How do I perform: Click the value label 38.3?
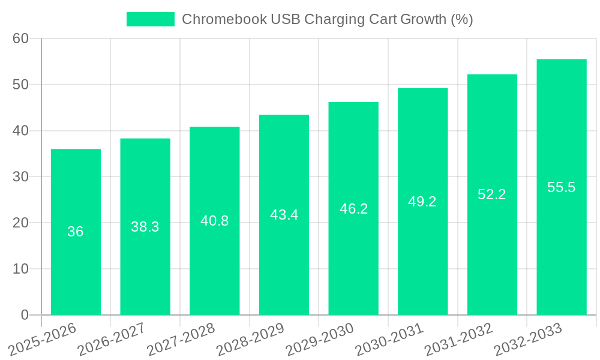pyautogui.click(x=145, y=227)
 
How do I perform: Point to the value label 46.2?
pyautogui.click(x=353, y=209)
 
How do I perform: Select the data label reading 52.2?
pyautogui.click(x=492, y=194)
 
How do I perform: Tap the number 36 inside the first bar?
pyautogui.click(x=76, y=232)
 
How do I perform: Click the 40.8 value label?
pyautogui.click(x=214, y=221)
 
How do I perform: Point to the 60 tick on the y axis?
pyautogui.click(x=20, y=38)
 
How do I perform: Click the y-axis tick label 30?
pyautogui.click(x=20, y=176)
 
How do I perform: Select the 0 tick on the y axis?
pyautogui.click(x=25, y=315)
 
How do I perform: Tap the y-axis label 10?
pyautogui.click(x=20, y=269)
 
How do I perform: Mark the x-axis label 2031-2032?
pyautogui.click(x=460, y=340)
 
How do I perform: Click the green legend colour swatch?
pyautogui.click(x=150, y=19)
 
